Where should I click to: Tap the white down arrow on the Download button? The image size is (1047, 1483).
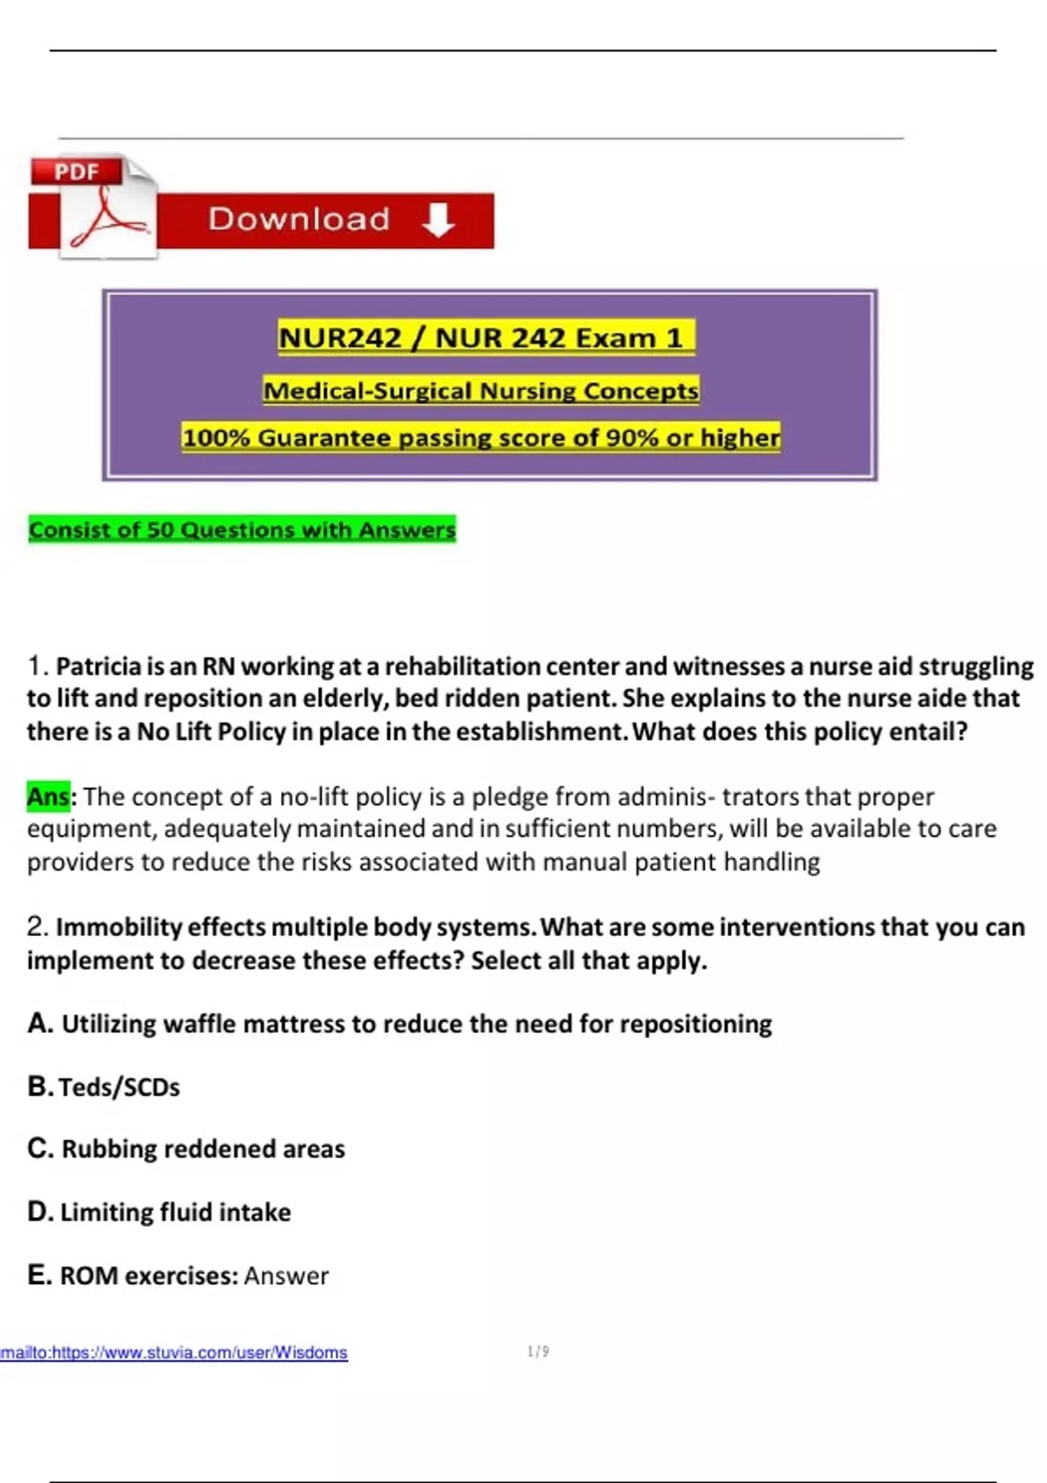click(x=437, y=220)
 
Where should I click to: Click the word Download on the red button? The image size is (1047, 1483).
click(x=298, y=219)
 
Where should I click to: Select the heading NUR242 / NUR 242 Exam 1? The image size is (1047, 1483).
click(x=486, y=338)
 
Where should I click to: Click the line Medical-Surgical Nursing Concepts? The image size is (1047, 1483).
click(x=481, y=391)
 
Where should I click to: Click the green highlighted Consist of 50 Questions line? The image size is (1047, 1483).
click(x=242, y=530)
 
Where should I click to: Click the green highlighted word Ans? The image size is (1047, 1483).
click(x=48, y=796)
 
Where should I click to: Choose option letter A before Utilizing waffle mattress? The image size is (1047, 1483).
click(x=40, y=1022)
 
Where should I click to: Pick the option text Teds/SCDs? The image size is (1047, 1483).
click(x=120, y=1087)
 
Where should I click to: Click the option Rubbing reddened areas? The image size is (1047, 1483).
click(x=202, y=1149)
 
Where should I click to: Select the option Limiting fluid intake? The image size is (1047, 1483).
click(x=174, y=1212)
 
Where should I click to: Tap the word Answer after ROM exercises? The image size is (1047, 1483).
click(x=286, y=1275)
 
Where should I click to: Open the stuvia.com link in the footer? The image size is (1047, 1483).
click(x=174, y=1352)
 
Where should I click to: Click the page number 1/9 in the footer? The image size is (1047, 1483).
click(x=538, y=1351)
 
